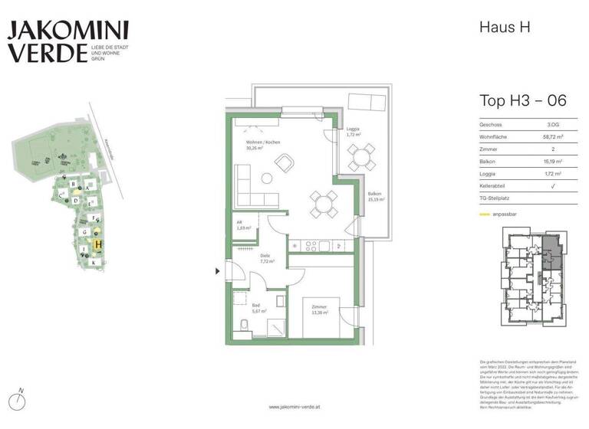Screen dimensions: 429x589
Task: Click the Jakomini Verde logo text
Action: [x=67, y=42]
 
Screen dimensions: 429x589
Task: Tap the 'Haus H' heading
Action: [x=505, y=28]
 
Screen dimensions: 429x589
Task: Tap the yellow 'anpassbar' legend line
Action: [x=484, y=215]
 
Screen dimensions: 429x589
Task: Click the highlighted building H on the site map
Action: [x=97, y=244]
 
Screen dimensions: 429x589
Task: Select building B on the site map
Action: [x=73, y=185]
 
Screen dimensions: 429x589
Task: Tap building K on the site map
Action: [x=93, y=263]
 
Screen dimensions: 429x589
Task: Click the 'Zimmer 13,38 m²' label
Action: [x=318, y=310]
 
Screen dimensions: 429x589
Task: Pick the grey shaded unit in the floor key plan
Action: [x=551, y=252]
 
